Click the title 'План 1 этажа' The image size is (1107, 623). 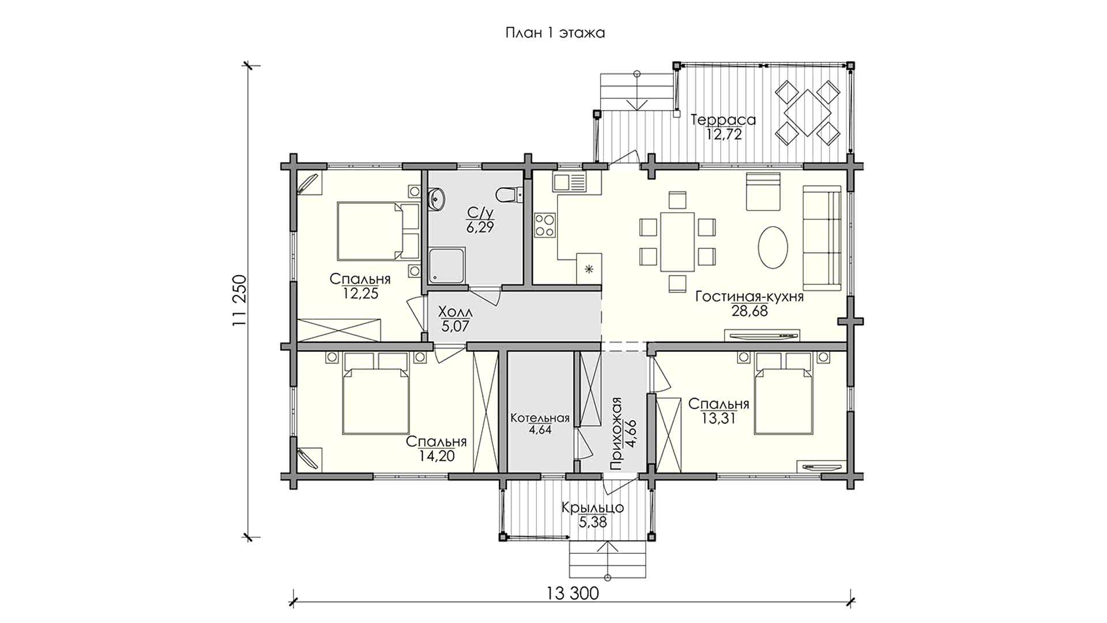tap(555, 33)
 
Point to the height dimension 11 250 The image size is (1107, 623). tap(240, 301)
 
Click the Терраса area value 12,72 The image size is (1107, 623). tap(724, 135)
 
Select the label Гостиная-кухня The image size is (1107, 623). tap(750, 297)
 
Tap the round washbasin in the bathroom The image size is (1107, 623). tap(438, 199)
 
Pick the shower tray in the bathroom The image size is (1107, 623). tap(447, 266)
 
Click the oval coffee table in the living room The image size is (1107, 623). tap(773, 247)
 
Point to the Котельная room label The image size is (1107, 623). tap(540, 418)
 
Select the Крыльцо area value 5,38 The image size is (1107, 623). tap(593, 522)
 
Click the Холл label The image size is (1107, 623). tap(455, 312)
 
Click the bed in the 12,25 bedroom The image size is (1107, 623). tap(378, 231)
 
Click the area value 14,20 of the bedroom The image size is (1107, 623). tap(437, 456)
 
